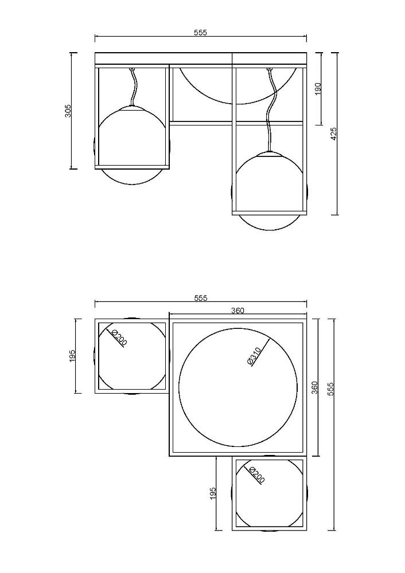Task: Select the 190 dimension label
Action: click(x=318, y=89)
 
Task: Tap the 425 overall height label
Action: click(x=334, y=134)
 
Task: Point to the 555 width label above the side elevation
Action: click(x=200, y=33)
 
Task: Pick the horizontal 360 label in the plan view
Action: click(x=237, y=310)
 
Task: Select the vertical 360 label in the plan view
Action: click(x=314, y=387)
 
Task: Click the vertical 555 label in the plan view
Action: click(x=331, y=390)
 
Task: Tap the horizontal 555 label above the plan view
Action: click(x=200, y=298)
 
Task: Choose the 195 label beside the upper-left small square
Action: click(x=72, y=356)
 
